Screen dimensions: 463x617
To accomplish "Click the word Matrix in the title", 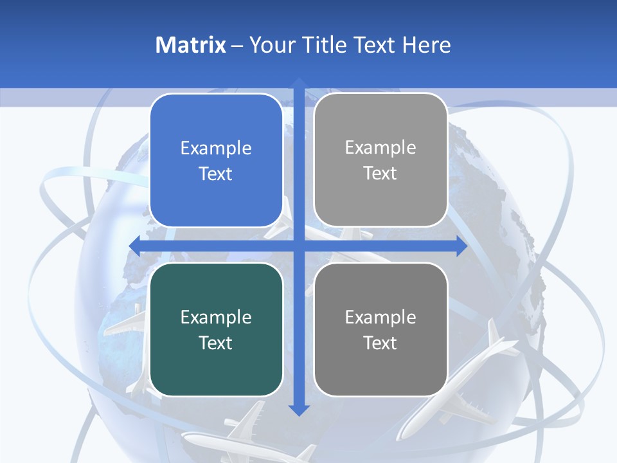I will (x=190, y=45).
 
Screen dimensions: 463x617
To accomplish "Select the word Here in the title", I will (x=426, y=45).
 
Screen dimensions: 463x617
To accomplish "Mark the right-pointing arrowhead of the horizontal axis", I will (x=461, y=246).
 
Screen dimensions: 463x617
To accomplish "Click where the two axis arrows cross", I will (x=298, y=246).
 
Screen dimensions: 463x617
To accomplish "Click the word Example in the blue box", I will (x=216, y=149).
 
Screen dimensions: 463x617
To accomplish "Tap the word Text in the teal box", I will (x=216, y=343).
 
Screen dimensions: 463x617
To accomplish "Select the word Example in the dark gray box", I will (x=380, y=317).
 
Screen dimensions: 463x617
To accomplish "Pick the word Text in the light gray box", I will (x=380, y=174).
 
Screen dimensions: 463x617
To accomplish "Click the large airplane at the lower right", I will (x=460, y=386).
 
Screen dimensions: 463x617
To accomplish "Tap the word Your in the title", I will (x=271, y=45).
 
